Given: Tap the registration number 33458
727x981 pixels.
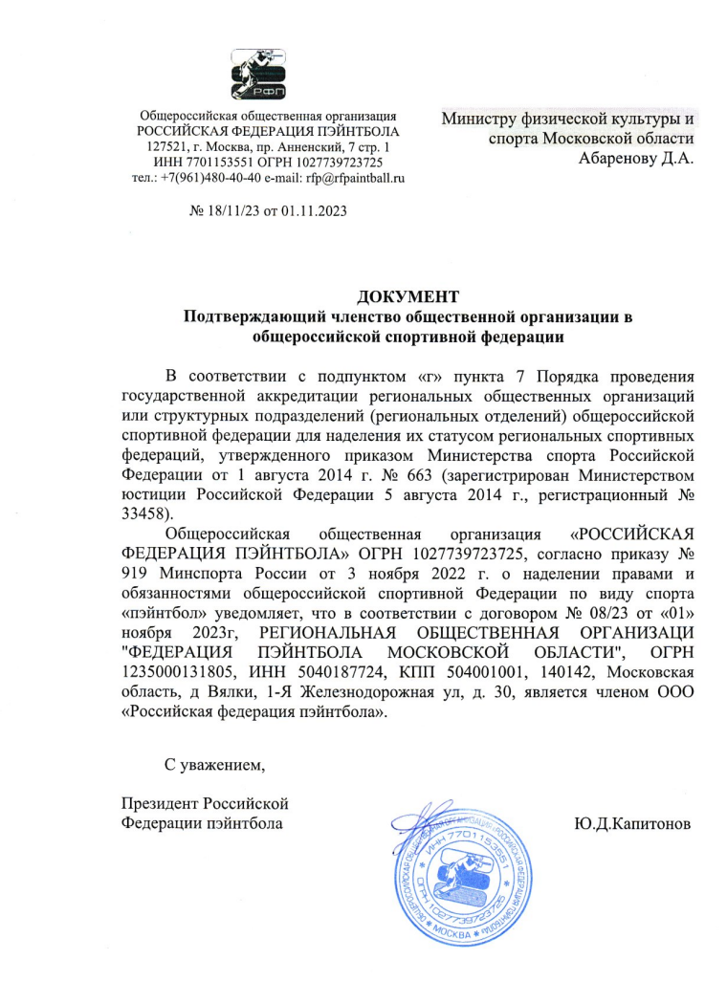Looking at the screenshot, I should [146, 512].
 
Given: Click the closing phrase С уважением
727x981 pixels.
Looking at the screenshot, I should [213, 765].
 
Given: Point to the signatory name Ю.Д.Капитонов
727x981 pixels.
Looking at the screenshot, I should [632, 823].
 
